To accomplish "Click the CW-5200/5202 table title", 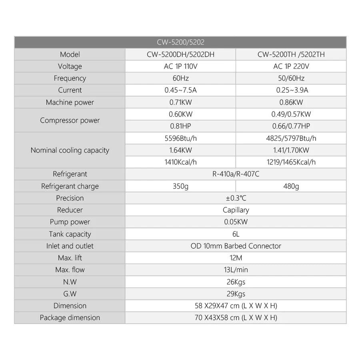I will point(181,42).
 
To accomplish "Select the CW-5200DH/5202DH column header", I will point(180,54).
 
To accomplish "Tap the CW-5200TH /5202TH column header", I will point(291,54).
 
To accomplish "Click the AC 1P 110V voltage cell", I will point(180,66).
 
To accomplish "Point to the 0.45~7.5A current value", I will point(180,90).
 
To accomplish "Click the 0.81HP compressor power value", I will point(180,126).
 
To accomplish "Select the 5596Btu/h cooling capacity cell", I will point(180,138).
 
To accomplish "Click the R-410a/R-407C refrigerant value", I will point(236,174).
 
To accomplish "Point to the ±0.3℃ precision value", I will point(236,198).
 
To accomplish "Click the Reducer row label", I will point(70,210).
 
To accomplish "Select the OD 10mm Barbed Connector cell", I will point(236,246).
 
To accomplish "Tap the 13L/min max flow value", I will point(236,270).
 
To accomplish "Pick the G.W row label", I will point(70,294).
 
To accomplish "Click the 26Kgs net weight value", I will point(236,282).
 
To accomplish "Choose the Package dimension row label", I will point(70,318).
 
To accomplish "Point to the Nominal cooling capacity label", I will point(70,150).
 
